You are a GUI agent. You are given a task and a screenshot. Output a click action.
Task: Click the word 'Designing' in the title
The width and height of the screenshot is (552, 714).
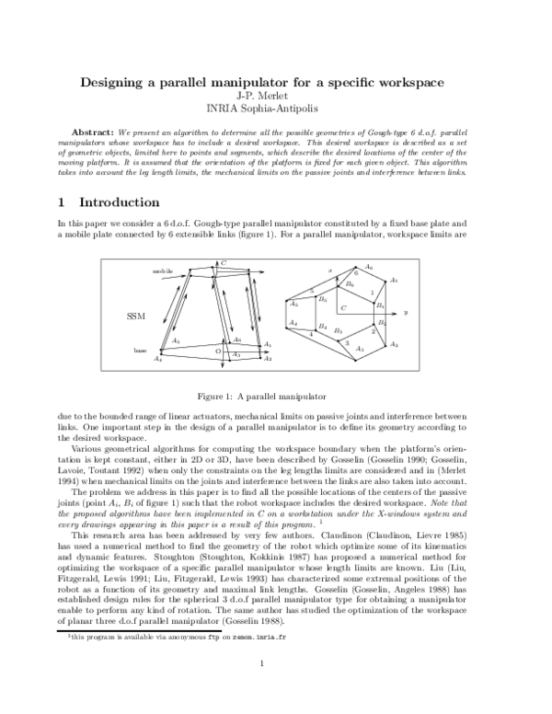pyautogui.click(x=114, y=83)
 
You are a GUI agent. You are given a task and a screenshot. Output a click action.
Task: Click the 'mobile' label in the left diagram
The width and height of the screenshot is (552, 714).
pyautogui.click(x=162, y=271)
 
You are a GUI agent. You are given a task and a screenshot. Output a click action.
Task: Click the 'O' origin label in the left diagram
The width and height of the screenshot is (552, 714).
pyautogui.click(x=217, y=351)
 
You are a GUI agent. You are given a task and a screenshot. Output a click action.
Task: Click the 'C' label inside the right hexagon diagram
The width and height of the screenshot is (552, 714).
pyautogui.click(x=342, y=307)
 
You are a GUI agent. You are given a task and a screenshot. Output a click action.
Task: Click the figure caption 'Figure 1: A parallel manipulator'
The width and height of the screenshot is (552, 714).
pyautogui.click(x=275, y=397)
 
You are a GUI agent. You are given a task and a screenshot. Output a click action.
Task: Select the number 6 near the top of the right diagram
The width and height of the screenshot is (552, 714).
pyautogui.click(x=355, y=273)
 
